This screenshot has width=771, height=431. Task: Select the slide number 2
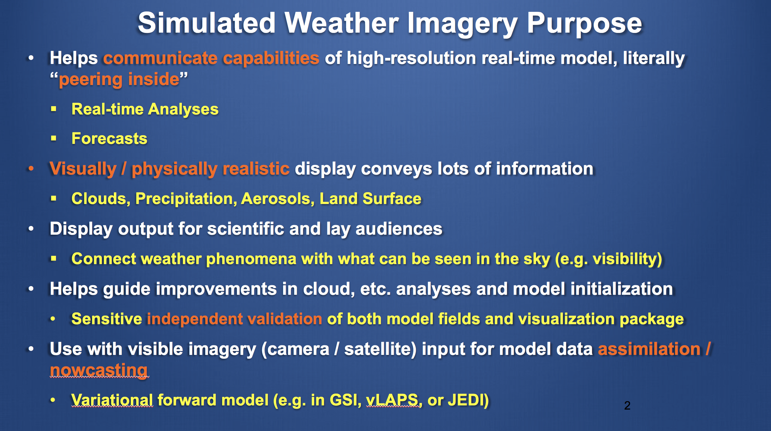pos(627,405)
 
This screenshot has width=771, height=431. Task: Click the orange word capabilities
pos(271,59)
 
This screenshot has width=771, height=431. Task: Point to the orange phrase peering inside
pos(119,79)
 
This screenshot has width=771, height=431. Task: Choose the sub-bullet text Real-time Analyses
pos(145,109)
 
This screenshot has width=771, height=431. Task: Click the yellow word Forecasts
pos(109,138)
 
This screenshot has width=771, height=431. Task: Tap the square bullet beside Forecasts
pos(53,138)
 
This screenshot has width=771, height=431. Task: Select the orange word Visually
pos(83,169)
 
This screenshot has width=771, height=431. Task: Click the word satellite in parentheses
pos(378,349)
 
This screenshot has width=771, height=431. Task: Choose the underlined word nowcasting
pos(99,371)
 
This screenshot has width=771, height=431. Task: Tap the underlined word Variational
pos(112,400)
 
